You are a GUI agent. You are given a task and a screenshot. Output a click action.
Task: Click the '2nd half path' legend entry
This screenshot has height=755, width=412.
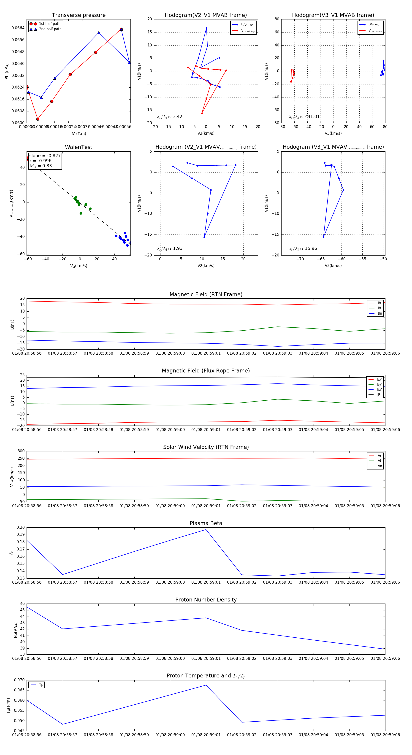[x=50, y=29]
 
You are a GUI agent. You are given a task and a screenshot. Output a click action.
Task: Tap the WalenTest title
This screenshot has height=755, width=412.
[x=79, y=147]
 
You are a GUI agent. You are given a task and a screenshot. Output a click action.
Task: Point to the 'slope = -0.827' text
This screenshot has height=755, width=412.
[x=45, y=156]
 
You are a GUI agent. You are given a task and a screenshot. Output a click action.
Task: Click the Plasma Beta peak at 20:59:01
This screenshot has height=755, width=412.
[x=206, y=530]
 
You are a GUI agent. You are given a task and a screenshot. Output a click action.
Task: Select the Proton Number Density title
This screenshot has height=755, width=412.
[x=206, y=600]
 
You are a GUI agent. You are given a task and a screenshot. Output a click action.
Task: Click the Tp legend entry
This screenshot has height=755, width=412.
[x=41, y=685]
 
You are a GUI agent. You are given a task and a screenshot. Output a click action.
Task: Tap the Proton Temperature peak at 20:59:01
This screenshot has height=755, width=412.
[x=206, y=685]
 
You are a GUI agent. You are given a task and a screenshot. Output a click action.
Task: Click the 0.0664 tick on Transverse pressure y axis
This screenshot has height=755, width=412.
[x=18, y=28]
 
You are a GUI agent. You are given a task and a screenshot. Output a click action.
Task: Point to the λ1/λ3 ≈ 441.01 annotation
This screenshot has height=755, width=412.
[x=304, y=117]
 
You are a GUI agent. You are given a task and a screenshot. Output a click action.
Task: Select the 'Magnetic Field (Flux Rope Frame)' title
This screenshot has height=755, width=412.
[x=206, y=371]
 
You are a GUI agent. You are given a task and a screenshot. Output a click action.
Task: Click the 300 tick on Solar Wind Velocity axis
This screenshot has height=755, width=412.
[x=21, y=451]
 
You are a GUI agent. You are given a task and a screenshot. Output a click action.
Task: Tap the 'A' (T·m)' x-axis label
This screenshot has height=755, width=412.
[x=79, y=134]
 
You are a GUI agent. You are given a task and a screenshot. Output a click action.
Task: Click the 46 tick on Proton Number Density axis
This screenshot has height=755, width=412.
[x=23, y=604]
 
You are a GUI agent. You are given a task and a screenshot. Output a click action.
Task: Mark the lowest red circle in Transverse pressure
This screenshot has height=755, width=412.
[x=38, y=119]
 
